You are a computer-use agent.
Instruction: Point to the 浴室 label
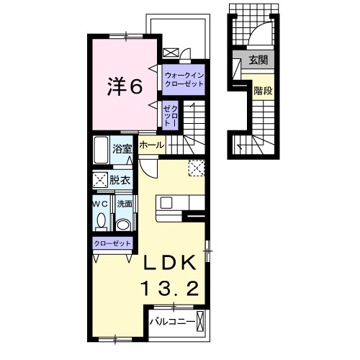(122, 149)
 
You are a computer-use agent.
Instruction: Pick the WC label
(99, 204)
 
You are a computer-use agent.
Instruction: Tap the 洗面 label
(123, 204)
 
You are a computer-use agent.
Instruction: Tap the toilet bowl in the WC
(100, 221)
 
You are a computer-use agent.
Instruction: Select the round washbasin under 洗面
(123, 225)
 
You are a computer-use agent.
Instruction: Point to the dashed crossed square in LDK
(196, 167)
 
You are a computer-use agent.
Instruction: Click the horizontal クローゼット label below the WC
(112, 243)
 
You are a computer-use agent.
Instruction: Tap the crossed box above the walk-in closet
(171, 52)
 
